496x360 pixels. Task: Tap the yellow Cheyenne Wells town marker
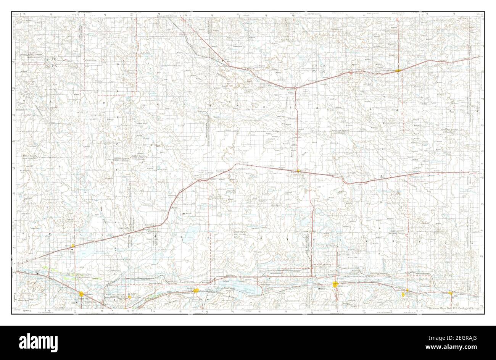(x=398, y=71)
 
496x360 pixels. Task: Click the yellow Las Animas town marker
(x=196, y=291)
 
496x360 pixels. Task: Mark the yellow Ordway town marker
(x=73, y=246)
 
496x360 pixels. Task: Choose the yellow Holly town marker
(x=450, y=294)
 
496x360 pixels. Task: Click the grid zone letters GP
(x=323, y=66)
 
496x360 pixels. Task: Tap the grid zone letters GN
(x=323, y=71)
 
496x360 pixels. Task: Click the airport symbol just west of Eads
(x=292, y=172)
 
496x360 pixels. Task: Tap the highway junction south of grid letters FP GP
(x=297, y=87)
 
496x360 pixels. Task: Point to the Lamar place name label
(x=341, y=285)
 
